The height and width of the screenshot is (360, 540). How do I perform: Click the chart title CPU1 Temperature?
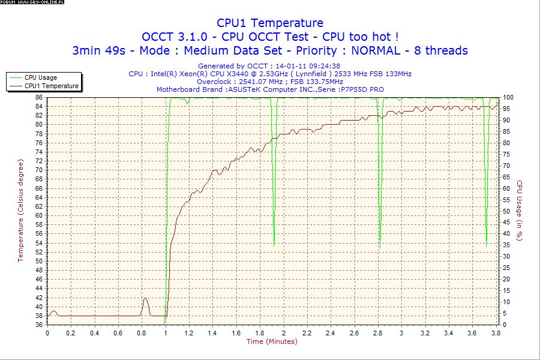coord(270,23)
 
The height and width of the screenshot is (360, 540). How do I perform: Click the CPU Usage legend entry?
coord(41,77)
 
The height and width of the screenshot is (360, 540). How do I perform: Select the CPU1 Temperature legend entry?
coord(51,86)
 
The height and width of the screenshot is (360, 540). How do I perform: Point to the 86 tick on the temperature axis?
coord(39,97)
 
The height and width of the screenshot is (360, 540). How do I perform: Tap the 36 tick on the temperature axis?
coord(39,325)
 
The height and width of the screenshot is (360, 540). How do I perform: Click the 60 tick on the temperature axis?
coord(39,215)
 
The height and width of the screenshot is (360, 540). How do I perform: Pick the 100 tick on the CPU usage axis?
coord(508,97)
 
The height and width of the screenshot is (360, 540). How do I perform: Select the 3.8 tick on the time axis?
coord(495,333)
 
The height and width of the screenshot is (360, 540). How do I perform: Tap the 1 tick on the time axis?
coord(166,333)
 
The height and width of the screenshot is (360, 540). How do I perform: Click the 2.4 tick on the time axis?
coord(330,333)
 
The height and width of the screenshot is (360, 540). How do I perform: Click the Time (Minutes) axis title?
coord(272,341)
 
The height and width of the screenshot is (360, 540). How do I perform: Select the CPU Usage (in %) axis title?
coord(520,211)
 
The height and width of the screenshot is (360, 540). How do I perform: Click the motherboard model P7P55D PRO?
coord(362,89)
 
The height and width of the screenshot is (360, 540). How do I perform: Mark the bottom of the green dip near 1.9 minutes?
coord(274,244)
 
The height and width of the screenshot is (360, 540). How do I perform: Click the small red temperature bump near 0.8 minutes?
coord(145,299)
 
